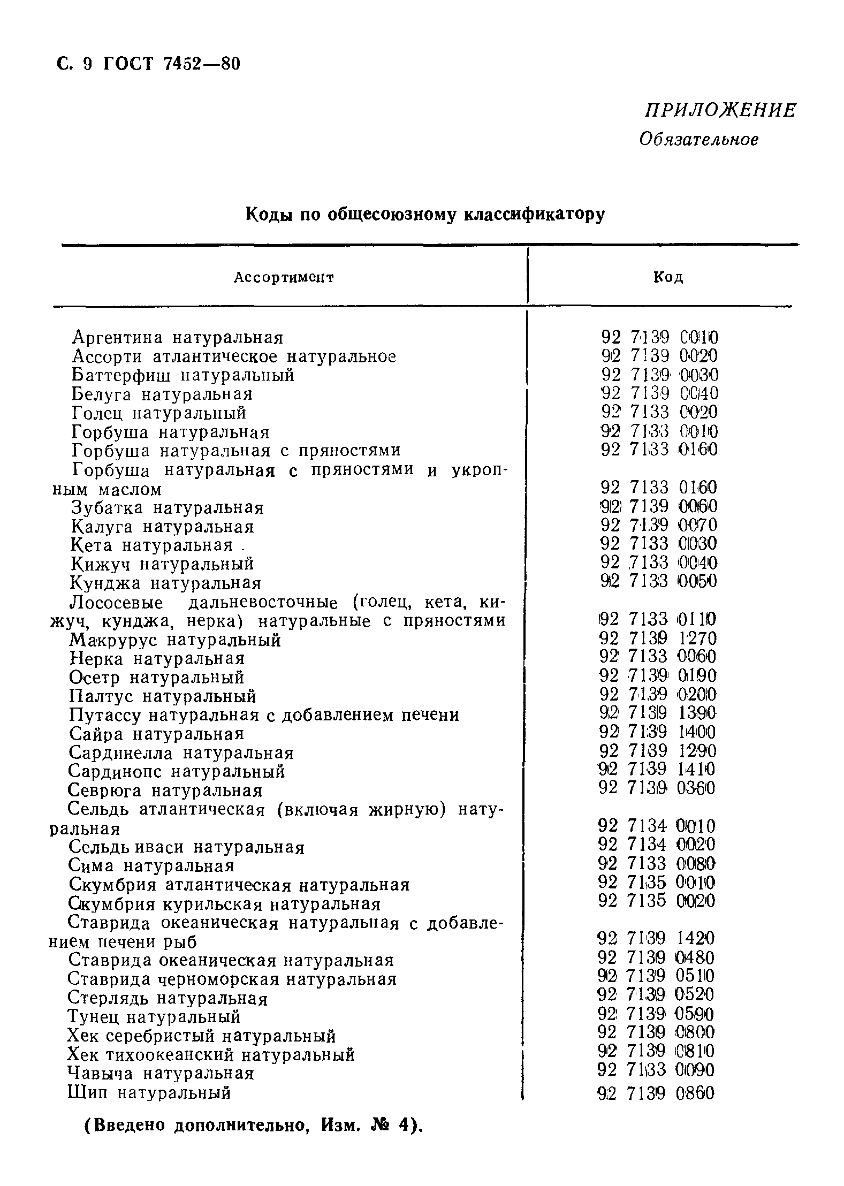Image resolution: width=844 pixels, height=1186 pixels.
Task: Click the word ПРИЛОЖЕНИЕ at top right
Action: [720, 111]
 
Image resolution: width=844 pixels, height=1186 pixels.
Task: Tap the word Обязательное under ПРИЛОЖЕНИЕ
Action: [699, 140]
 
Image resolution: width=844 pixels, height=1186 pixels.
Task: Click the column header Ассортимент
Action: [284, 277]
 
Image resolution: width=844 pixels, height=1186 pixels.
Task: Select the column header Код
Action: [668, 277]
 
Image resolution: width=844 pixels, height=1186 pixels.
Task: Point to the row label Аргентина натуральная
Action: [178, 338]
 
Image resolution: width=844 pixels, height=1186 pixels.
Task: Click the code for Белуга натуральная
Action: [658, 393]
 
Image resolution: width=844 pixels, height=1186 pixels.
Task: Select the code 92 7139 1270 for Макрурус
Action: [658, 638]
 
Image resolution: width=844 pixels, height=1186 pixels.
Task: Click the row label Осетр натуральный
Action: [157, 678]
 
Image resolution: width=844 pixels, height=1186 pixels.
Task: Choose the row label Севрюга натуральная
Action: [165, 790]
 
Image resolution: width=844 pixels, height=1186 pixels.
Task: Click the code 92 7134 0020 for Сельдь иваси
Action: [656, 845]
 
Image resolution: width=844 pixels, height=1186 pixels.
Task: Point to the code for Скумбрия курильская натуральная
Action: [656, 901]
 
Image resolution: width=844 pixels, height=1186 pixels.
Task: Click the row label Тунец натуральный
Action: [155, 1016]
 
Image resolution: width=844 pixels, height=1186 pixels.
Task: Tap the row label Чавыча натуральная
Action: [161, 1073]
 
